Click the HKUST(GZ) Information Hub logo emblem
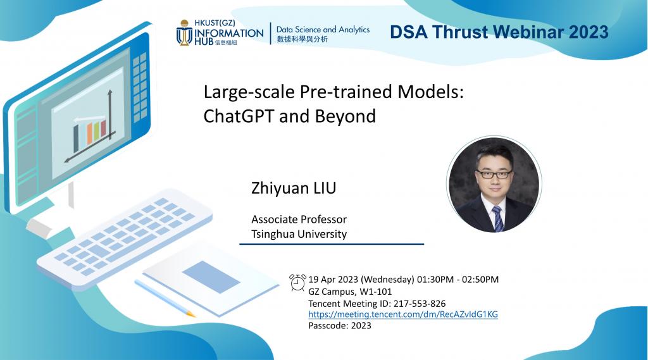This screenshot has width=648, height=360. (x=184, y=33)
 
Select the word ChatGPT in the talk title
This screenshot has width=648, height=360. (x=239, y=116)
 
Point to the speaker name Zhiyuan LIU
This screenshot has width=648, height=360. (x=294, y=188)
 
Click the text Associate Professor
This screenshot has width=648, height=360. (x=299, y=219)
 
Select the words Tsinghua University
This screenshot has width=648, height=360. (x=299, y=234)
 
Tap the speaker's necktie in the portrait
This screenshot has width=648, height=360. (x=497, y=218)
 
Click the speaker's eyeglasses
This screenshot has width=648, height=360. (x=494, y=174)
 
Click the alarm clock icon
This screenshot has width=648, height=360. (x=297, y=282)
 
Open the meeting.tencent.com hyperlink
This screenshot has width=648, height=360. (x=403, y=314)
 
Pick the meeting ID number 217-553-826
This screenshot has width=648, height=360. (x=420, y=304)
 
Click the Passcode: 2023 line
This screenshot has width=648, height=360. (x=340, y=325)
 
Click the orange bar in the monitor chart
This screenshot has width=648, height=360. (x=89, y=134)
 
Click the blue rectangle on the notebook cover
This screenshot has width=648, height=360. (x=211, y=276)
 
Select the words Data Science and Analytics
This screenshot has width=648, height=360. (x=323, y=29)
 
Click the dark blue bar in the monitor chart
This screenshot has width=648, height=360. (x=76, y=139)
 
